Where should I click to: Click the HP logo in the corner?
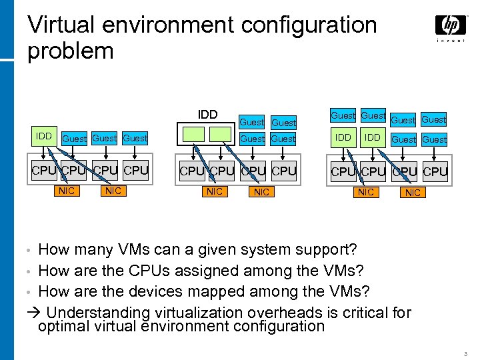451,27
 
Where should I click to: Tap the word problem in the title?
70,51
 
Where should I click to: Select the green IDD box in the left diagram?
44,137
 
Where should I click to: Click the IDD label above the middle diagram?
207,115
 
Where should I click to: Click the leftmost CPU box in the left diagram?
45,171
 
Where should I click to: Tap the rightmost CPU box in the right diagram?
435,171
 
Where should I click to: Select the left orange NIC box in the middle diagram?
214,192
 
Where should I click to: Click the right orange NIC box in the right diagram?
413,193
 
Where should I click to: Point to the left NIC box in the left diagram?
66,191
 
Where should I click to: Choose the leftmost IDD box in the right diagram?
343,137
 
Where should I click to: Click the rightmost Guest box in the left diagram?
135,138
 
